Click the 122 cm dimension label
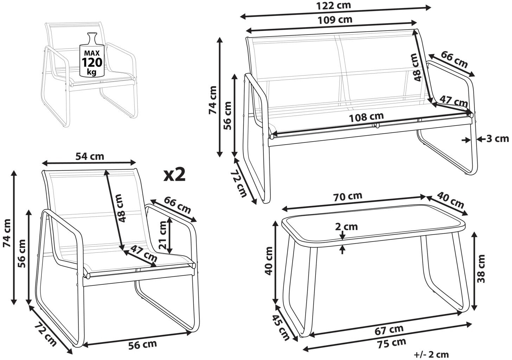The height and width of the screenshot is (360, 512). (333, 6)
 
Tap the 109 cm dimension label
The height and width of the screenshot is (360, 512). (335, 20)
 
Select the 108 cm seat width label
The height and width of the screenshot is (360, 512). (366, 117)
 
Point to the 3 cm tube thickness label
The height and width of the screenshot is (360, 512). (497, 139)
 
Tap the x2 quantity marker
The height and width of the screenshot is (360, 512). (174, 175)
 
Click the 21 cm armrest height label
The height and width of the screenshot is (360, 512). (163, 235)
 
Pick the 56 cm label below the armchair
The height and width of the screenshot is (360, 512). (142, 344)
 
